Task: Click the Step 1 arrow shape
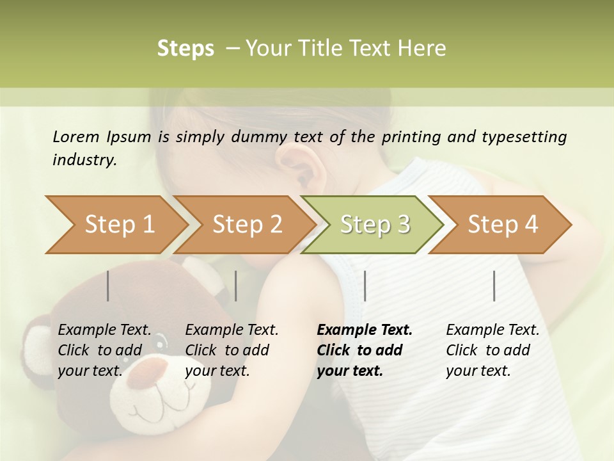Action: pos(115,225)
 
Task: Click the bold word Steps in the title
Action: pos(185,49)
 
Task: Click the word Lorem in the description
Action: pos(75,137)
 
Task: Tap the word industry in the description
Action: pos(84,160)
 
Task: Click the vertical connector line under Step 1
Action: pos(108,286)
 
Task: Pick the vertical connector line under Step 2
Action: pos(236,286)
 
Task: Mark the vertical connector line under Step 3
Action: pos(365,286)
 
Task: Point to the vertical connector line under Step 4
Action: pos(494,286)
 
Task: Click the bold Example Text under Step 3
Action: pos(365,330)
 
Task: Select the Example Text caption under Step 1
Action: pos(104,330)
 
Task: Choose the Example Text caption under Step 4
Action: pos(492,330)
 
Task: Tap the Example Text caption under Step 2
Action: pos(232,330)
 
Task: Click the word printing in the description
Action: pos(409,137)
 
